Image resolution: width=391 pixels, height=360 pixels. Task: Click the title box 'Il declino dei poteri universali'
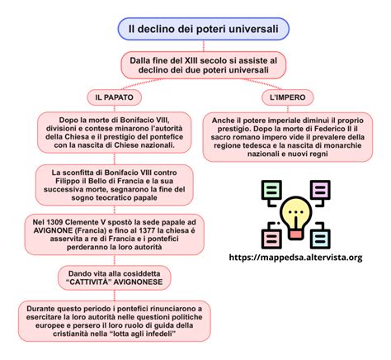[x=204, y=29]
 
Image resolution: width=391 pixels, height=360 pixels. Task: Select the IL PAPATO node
[x=115, y=97]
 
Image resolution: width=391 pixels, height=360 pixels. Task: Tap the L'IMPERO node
[x=288, y=97]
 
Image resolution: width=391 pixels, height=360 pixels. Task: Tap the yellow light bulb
[x=296, y=212]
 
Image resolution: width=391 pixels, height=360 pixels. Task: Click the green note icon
[x=271, y=190]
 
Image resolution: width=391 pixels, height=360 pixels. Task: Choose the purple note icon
[x=320, y=190]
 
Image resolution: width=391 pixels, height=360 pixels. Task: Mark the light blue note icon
[x=320, y=239]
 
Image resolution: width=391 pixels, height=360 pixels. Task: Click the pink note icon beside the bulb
[x=271, y=239]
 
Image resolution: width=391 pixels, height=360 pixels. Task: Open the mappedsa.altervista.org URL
[x=295, y=258]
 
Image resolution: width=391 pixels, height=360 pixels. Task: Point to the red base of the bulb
[x=296, y=234]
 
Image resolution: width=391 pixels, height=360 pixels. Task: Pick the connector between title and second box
[x=204, y=45]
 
